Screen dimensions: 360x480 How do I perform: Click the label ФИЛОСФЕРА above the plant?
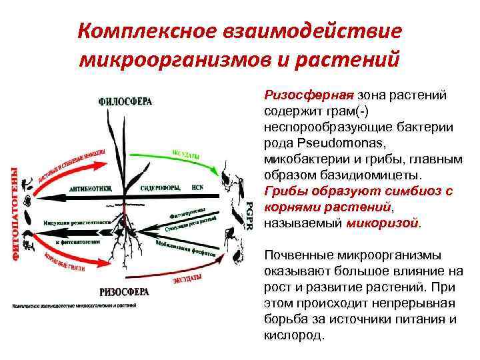(x=125, y=101)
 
